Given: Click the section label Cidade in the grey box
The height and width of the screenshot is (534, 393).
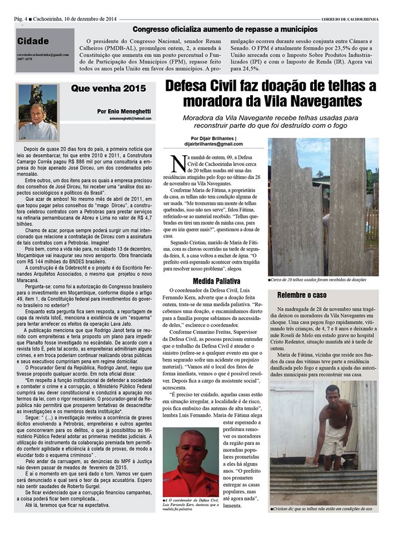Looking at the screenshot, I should (x=33, y=41).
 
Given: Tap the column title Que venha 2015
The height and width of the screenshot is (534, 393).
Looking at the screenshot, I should (x=109, y=88).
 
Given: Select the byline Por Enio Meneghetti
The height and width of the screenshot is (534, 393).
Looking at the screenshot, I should (x=123, y=111).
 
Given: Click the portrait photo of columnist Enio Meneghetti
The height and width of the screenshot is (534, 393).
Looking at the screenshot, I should (x=38, y=112).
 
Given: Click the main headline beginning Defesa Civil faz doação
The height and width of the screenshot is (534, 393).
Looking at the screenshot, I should (x=271, y=93).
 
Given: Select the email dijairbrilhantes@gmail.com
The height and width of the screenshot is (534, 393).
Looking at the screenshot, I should (x=213, y=144).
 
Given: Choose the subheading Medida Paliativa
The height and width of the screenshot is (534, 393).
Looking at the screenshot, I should (x=216, y=280).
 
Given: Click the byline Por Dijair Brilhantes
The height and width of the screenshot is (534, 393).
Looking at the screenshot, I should (x=213, y=138).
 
